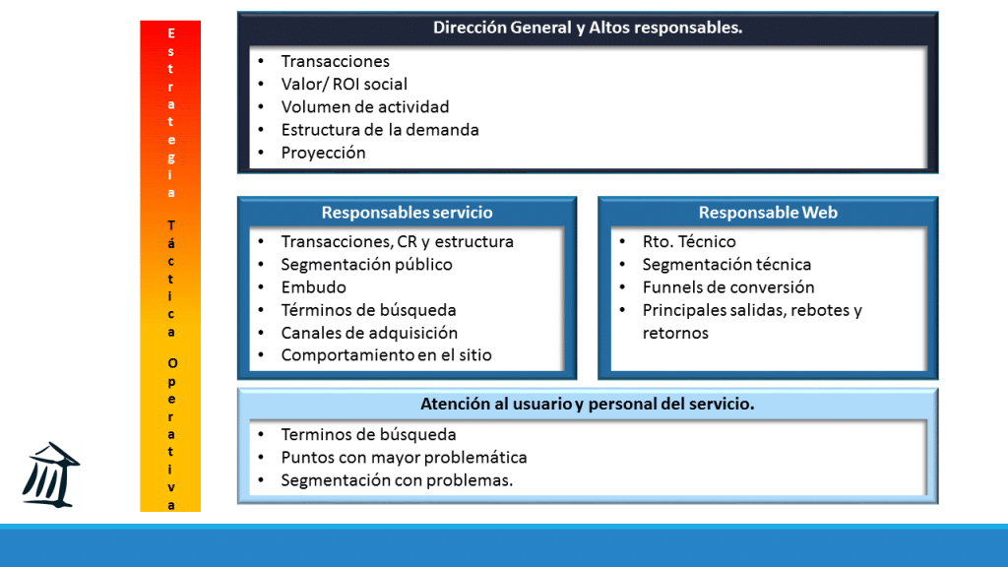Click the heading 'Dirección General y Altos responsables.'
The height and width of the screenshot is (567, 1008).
588,28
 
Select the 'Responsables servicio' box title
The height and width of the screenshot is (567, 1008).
407,213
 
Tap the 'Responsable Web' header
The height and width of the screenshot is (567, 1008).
768,213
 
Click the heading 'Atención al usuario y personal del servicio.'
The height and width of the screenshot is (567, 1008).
587,404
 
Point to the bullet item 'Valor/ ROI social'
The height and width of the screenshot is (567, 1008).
344,84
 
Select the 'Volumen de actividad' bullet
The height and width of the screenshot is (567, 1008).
364,106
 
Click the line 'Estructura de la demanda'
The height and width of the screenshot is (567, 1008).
380,129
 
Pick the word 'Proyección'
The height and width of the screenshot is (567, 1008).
323,153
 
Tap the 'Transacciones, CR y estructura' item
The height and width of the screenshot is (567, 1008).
397,241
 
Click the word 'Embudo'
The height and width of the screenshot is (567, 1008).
313,287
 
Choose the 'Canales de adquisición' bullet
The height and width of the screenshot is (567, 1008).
369,333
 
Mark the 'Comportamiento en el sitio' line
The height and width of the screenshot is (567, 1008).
386,355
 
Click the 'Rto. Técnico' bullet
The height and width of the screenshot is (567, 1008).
689,241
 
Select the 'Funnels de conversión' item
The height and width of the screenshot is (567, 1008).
728,287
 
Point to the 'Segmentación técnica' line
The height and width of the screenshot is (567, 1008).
726,264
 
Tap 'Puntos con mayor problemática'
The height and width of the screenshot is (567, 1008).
404,458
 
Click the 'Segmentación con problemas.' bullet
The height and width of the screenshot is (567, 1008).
397,480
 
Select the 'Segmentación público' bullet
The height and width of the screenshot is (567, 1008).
366,264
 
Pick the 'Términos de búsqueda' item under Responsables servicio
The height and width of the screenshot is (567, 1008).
368,310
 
